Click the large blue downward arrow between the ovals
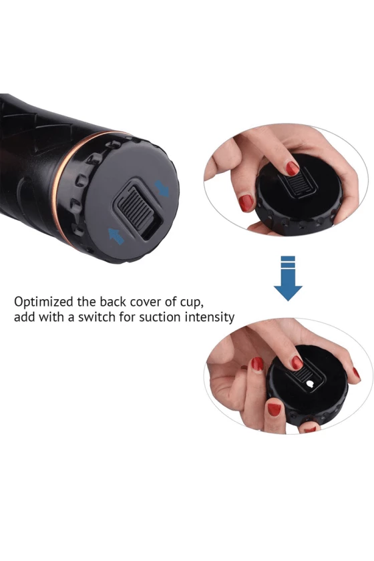288,278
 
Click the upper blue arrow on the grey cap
162,188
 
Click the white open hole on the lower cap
311,384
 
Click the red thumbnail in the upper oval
246,202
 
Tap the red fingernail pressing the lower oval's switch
297,363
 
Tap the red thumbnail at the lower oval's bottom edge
310,428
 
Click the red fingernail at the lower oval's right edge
356,373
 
